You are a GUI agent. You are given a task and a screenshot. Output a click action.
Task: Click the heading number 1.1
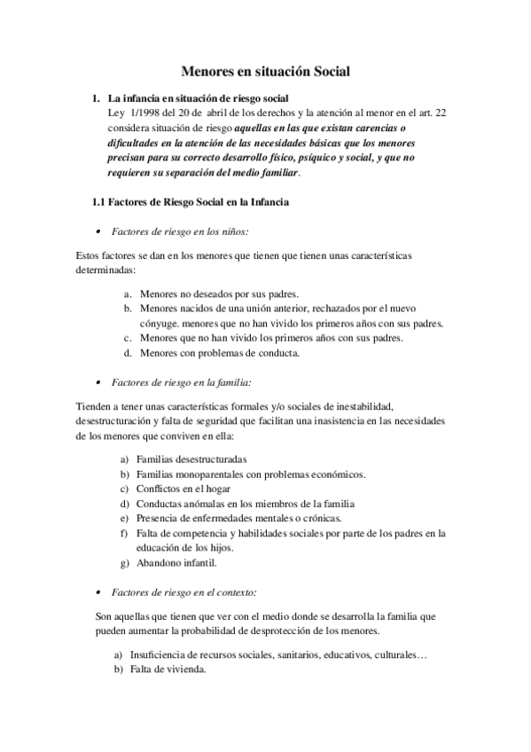click(x=99, y=202)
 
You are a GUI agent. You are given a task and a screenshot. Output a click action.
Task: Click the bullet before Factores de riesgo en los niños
click(x=97, y=231)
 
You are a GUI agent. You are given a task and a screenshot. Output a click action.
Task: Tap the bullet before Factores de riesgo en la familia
click(x=97, y=383)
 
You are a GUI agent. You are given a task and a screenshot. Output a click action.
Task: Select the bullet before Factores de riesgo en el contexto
click(x=97, y=591)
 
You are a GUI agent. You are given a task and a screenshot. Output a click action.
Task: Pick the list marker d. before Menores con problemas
click(x=128, y=353)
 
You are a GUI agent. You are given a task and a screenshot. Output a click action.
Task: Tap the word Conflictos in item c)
click(x=160, y=489)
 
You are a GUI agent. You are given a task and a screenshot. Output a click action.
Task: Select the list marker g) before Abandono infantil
click(x=125, y=562)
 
